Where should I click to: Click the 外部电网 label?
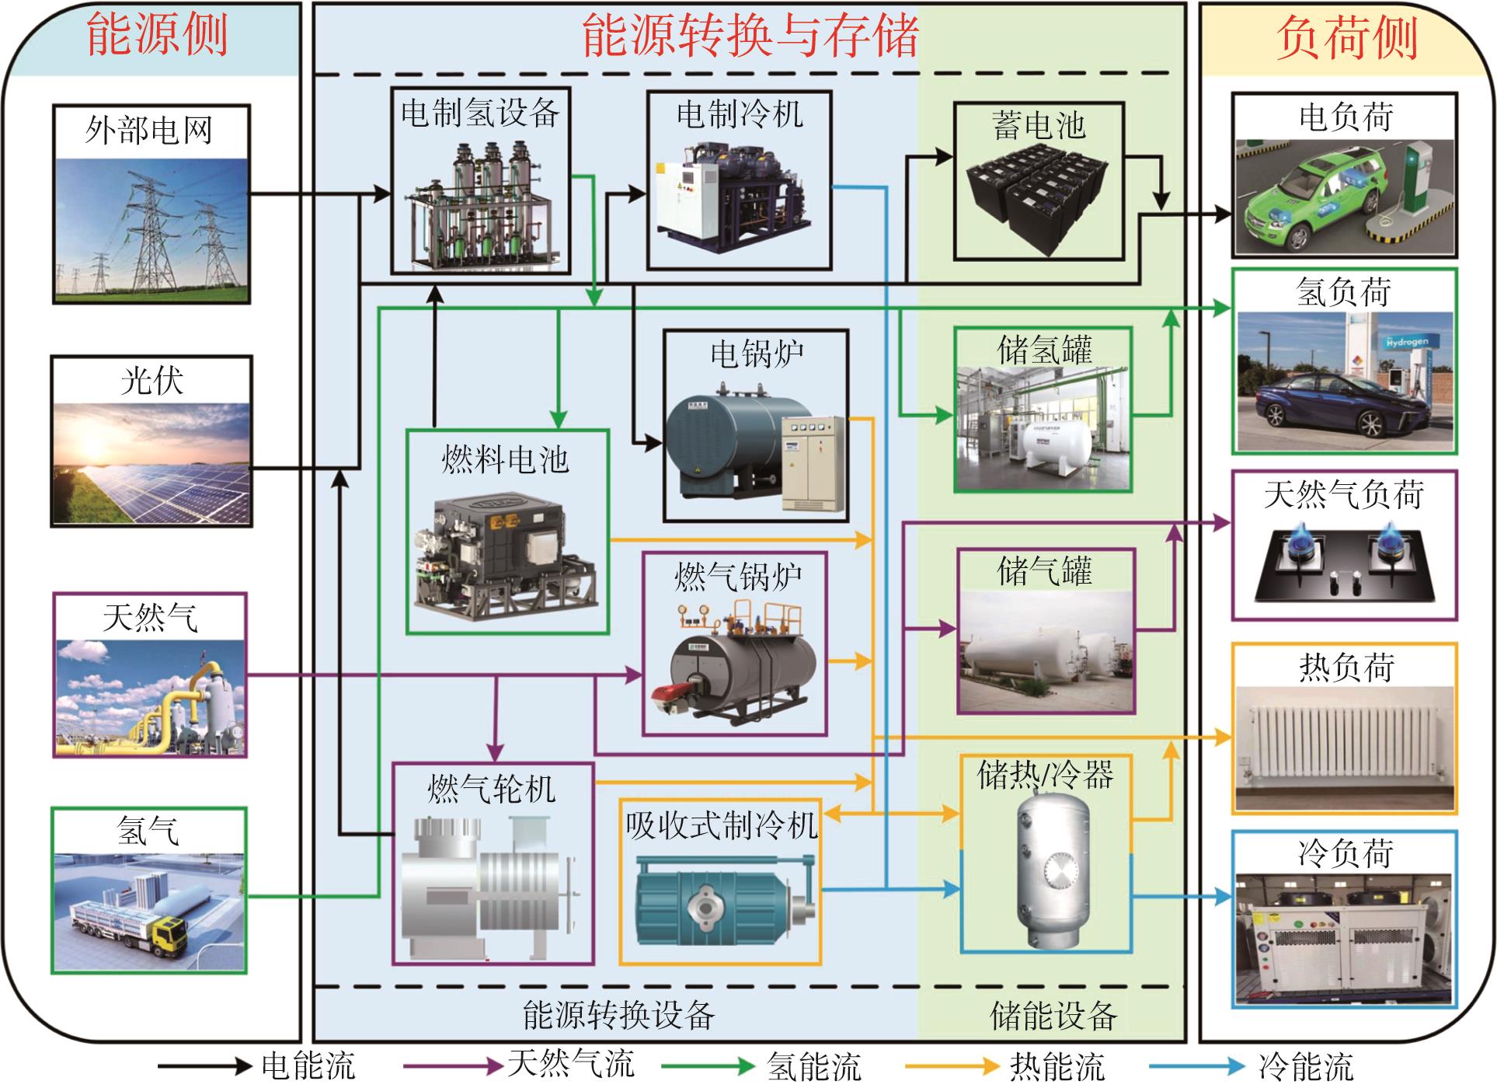[148, 130]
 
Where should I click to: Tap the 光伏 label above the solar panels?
[151, 381]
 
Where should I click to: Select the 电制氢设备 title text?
[480, 113]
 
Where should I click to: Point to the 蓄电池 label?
[1039, 125]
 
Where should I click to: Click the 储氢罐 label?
[1044, 350]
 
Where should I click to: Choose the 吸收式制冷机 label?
[722, 825]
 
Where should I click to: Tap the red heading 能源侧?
[157, 36]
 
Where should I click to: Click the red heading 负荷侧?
[1347, 37]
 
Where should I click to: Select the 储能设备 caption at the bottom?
[1053, 1016]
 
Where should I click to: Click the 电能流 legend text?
[308, 1066]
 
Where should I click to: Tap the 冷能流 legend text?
[1305, 1066]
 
